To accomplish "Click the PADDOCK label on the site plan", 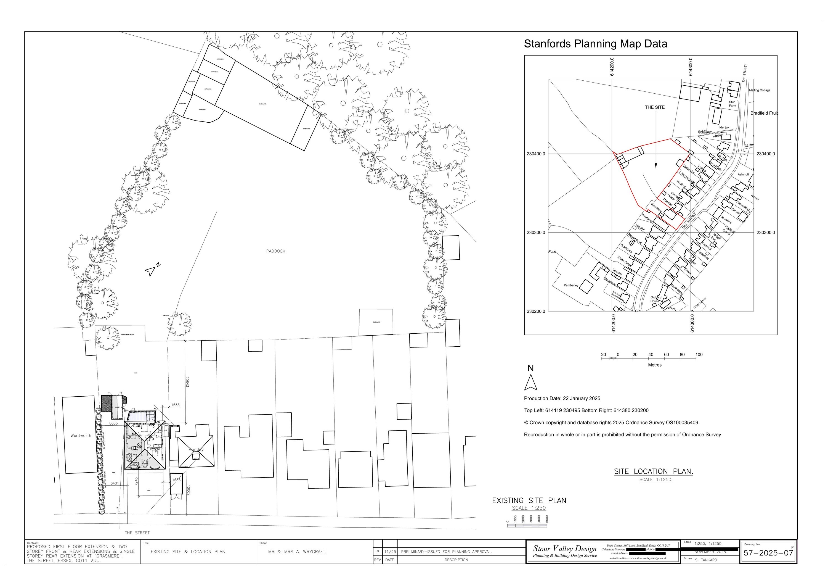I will coord(275,251).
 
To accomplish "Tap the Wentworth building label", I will coord(81,436).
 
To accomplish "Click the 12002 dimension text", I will coord(188,492).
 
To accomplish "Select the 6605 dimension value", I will coord(114,423).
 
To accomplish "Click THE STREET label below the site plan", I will coord(137,533).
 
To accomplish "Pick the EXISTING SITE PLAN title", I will coord(529,500).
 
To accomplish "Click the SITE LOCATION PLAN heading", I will coord(654,471).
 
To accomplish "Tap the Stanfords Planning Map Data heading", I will coord(595,44).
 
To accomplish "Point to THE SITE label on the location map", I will coord(655,107).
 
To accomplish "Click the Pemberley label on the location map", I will coord(571,286).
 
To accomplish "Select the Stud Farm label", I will coord(732,104).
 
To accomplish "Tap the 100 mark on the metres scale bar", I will coord(699,355).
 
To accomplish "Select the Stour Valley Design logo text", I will coord(565,549).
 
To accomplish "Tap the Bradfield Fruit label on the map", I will coord(764,113).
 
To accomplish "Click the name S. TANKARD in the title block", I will coord(706,560).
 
